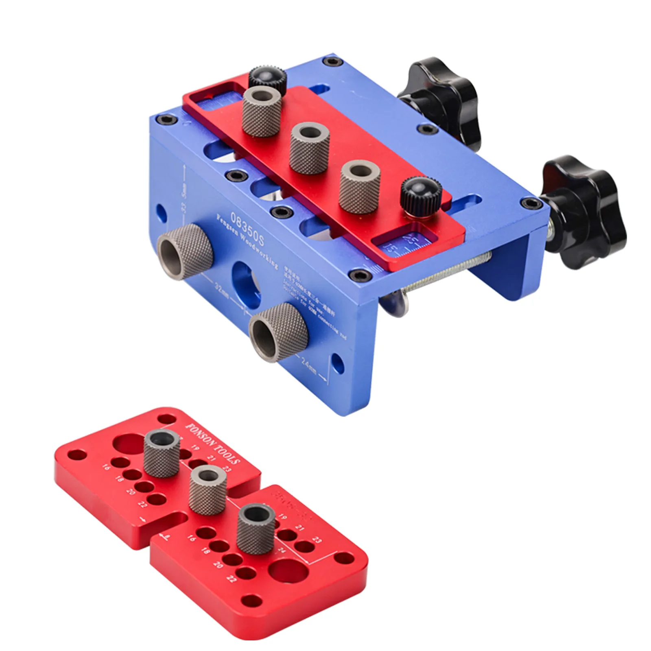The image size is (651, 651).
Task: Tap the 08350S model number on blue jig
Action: pos(247,229)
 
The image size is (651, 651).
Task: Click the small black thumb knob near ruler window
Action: pos(421,195)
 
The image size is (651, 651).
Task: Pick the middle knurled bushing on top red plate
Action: pos(308,149)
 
